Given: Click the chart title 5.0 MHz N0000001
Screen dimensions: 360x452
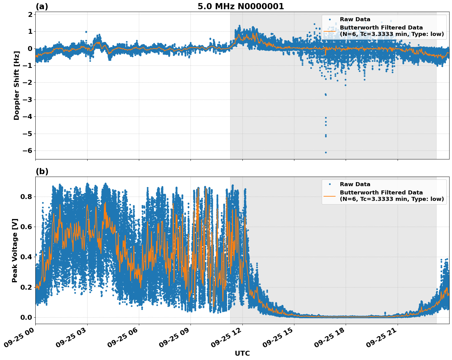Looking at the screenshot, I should tap(241, 6).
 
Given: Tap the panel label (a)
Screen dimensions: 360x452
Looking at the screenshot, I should tap(42, 6).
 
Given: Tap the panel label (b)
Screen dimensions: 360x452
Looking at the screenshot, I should tap(42, 172).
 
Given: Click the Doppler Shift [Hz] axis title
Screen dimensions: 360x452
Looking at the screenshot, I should tap(17, 85).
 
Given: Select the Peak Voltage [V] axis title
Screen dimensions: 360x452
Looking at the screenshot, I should tap(15, 250).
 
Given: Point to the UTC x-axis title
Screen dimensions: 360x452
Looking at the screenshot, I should tap(242, 354).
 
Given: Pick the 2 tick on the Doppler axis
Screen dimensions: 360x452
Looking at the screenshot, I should tap(30, 15).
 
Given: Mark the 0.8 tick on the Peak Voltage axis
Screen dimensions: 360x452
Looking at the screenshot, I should tap(26, 197).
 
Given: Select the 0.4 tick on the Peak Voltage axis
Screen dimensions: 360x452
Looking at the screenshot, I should tap(26, 257).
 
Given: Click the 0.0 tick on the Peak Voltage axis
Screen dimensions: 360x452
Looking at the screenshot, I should tap(26, 317).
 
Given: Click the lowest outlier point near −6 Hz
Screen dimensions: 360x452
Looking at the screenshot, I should tap(326, 152).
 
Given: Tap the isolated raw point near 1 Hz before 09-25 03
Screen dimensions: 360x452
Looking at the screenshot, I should tap(86, 32).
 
